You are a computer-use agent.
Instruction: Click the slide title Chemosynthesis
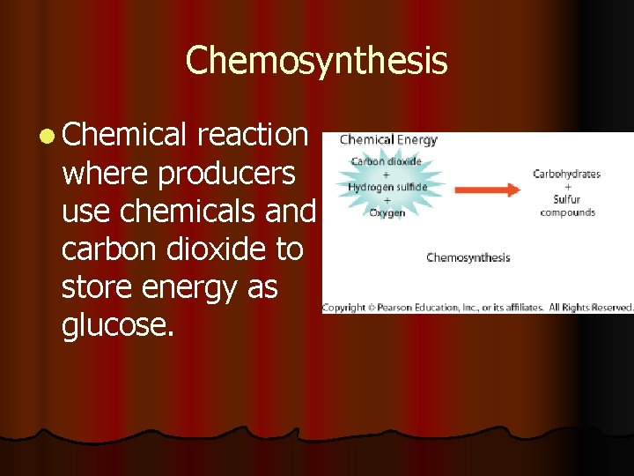click(316, 61)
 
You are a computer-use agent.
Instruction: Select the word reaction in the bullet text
click(253, 135)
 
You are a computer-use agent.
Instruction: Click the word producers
click(226, 175)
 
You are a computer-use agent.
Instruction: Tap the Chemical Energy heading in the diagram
click(388, 140)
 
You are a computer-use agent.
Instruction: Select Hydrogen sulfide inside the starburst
click(387, 187)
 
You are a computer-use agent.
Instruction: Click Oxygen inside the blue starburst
click(387, 212)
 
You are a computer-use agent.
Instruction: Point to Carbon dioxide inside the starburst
click(387, 162)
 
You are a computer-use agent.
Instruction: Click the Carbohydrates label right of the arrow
click(566, 174)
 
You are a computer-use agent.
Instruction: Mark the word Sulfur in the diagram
click(567, 199)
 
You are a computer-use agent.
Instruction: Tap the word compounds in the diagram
click(567, 212)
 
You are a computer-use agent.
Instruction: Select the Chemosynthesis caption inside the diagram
click(468, 258)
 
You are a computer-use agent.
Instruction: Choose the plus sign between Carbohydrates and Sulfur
click(567, 187)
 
